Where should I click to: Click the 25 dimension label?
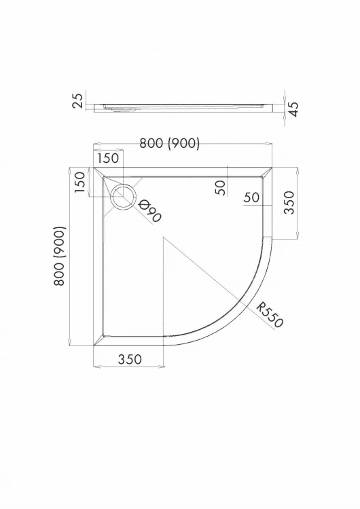click(x=78, y=100)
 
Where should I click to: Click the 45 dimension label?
click(x=293, y=110)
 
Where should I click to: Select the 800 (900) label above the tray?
click(x=169, y=143)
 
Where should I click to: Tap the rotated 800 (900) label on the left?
click(x=60, y=256)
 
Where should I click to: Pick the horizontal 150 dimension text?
click(x=108, y=158)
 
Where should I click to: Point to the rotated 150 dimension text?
click(x=79, y=182)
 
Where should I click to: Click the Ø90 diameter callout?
click(x=150, y=211)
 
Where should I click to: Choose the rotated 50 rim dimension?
click(x=220, y=187)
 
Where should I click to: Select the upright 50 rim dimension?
click(x=252, y=197)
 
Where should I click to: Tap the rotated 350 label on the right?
click(x=289, y=202)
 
